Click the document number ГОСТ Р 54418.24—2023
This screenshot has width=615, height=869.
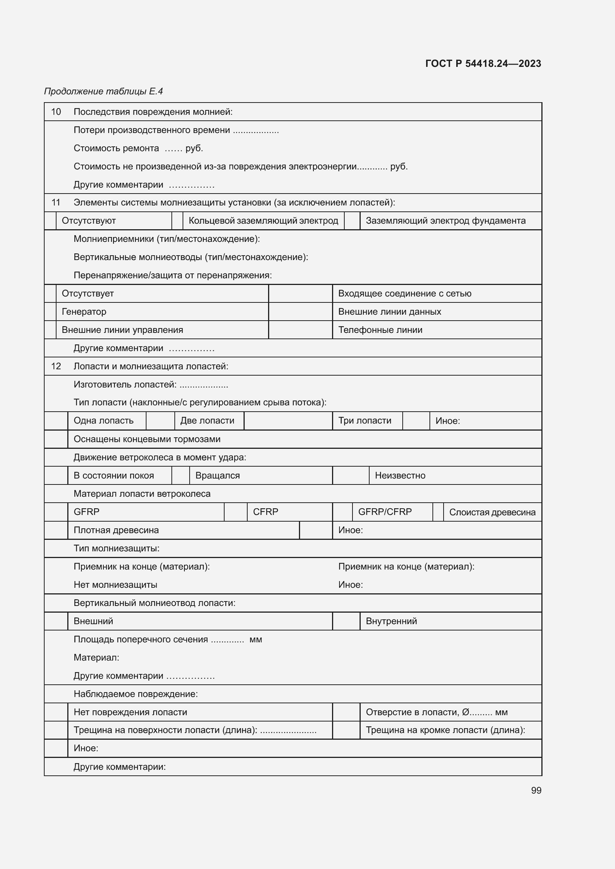(x=483, y=64)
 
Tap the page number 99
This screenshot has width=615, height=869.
(x=536, y=790)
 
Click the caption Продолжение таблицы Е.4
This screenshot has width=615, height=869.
(x=103, y=91)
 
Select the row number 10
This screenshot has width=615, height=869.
(x=56, y=112)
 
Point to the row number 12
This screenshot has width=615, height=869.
(x=56, y=366)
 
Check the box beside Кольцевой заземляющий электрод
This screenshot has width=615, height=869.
(x=177, y=221)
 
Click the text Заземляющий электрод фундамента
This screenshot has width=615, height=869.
(x=445, y=221)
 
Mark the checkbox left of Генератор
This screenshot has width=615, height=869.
(x=50, y=311)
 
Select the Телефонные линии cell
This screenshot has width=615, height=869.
(x=380, y=330)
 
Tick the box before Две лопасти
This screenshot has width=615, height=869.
(x=160, y=421)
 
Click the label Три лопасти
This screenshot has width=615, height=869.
(x=364, y=421)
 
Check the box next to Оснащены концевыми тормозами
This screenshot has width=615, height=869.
(x=56, y=439)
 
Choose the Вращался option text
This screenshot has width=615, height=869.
(x=218, y=476)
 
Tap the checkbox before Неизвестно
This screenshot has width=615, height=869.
(x=351, y=476)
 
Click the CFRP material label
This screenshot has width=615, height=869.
(x=265, y=512)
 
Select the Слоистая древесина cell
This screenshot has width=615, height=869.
(x=492, y=512)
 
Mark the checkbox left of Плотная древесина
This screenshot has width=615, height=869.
(x=56, y=530)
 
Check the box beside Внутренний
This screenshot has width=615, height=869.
(x=346, y=621)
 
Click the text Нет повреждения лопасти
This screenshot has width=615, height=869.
(x=130, y=712)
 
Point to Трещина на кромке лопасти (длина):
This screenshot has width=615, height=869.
(x=445, y=730)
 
